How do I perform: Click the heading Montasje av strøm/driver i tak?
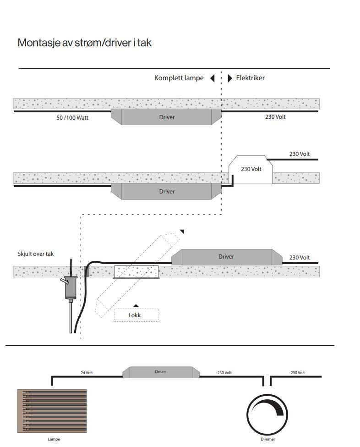(x=84, y=43)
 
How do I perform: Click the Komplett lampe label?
(x=179, y=78)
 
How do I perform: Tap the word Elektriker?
(x=250, y=78)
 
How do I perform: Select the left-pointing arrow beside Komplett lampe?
(x=213, y=78)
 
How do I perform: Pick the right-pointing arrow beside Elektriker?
(x=230, y=78)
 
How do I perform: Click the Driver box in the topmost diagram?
(x=167, y=117)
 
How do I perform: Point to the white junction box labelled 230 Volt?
(x=251, y=170)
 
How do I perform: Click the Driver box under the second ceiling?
(x=167, y=191)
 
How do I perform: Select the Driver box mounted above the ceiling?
(x=226, y=257)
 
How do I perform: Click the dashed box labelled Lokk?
(x=136, y=315)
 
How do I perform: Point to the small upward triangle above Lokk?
(x=136, y=305)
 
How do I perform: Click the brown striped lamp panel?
(x=52, y=411)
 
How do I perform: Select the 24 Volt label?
(x=87, y=373)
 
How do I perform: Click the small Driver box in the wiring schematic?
(x=160, y=372)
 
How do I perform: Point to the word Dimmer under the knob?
(x=268, y=439)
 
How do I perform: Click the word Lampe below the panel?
(x=54, y=439)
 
